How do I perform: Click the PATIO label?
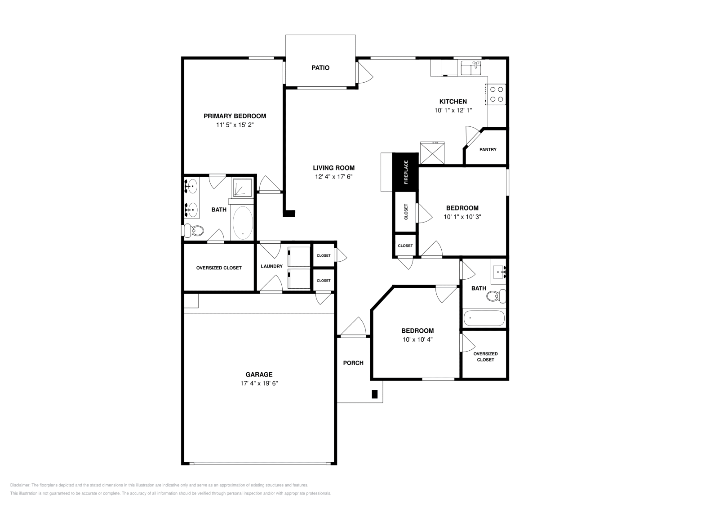[x=320, y=68]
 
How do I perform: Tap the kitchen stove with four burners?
[x=496, y=94]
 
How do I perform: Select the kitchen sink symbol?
[x=471, y=68]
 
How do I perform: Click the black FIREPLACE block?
[x=405, y=172]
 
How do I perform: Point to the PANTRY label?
[x=488, y=149]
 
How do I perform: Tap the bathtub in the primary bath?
[x=243, y=223]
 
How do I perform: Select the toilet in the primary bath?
[x=195, y=231]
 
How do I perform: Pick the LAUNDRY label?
[x=271, y=266]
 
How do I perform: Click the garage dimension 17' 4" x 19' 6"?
[x=259, y=384]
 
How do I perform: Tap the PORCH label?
[x=353, y=363]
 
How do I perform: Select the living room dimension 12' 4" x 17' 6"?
[x=333, y=177]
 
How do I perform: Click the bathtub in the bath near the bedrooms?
[x=484, y=318]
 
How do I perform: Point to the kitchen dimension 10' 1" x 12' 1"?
[x=453, y=110]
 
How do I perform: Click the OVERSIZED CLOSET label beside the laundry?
[x=219, y=268]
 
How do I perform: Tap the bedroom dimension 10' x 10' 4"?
[x=417, y=340]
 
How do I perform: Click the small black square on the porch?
[x=374, y=394]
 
